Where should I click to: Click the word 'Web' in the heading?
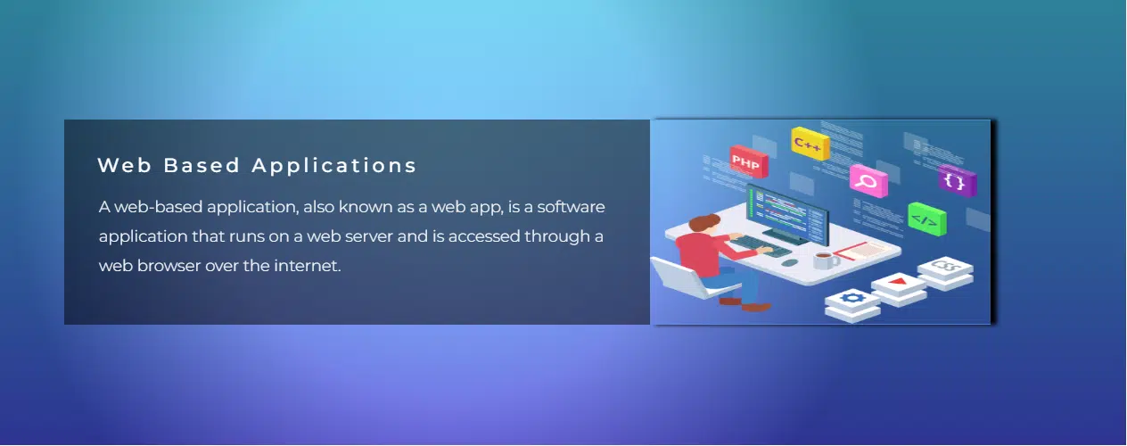pyautogui.click(x=119, y=166)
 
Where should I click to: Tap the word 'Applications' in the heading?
pyautogui.click(x=334, y=166)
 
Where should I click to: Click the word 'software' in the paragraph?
pyautogui.click(x=572, y=208)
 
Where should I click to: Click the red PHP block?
pyautogui.click(x=747, y=161)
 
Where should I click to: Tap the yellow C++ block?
pyautogui.click(x=810, y=143)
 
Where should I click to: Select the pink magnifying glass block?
pyautogui.click(x=868, y=181)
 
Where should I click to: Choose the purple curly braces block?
pyautogui.click(x=957, y=181)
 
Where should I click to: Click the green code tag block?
pyautogui.click(x=926, y=219)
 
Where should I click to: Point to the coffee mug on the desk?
pyautogui.click(x=822, y=260)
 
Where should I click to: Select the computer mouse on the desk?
pyautogui.click(x=788, y=263)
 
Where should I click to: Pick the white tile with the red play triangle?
pyautogui.click(x=898, y=283)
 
